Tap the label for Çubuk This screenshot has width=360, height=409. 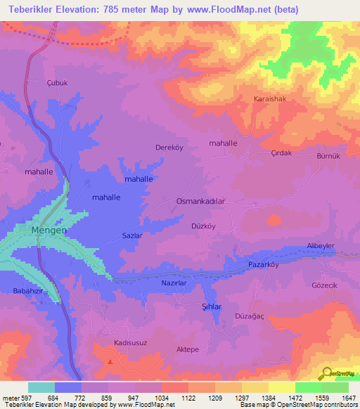coord(56,82)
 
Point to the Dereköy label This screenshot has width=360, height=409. coord(169,148)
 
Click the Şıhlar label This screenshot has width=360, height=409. coord(212,307)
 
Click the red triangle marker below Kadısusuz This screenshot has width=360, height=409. coord(110,361)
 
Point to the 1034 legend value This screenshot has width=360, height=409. coord(161,398)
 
